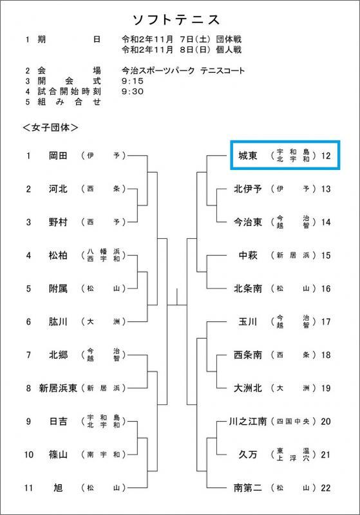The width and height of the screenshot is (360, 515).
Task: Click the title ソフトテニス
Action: coord(176,20)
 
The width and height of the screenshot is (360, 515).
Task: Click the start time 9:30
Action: coord(133,91)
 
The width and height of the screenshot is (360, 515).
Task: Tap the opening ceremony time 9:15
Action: coord(133,81)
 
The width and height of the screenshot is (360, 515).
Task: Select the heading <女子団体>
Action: coord(50,127)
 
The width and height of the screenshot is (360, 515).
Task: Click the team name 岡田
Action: coord(58,155)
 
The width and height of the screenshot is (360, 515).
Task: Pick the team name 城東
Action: coord(248,155)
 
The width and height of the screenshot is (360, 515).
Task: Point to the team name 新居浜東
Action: coord(58,388)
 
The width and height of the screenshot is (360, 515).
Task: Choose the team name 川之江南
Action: coord(248,421)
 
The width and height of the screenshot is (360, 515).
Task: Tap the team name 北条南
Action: coord(248,288)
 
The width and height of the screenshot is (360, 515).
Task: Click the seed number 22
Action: coord(325,488)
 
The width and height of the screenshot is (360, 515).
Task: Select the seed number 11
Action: coord(28,488)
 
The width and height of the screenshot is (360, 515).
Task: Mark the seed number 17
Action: coord(325,321)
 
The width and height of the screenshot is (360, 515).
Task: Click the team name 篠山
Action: coord(58,454)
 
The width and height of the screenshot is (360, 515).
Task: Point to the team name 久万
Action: coord(248,454)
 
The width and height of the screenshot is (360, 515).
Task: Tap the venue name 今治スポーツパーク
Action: coord(158,71)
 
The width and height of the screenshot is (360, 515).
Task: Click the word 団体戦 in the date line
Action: coord(229,39)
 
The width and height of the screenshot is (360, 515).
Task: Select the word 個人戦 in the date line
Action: coord(229,50)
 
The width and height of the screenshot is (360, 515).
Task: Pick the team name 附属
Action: coord(58,288)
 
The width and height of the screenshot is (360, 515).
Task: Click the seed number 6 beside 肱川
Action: coord(28,321)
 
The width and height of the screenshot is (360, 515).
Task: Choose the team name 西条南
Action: coord(248,355)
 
